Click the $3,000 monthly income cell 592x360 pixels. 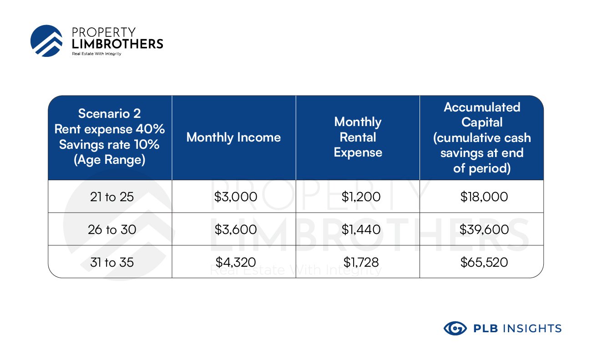click(235, 197)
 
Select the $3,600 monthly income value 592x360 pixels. click(235, 229)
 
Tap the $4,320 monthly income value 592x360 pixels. click(235, 262)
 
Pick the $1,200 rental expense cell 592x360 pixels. click(361, 197)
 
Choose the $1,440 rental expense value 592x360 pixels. click(361, 229)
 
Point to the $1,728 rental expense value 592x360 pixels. click(361, 262)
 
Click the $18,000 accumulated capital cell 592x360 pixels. click(484, 197)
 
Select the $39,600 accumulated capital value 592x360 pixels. click(484, 229)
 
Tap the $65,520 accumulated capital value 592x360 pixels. click(484, 262)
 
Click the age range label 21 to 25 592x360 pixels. click(112, 197)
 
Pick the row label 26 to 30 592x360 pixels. click(112, 229)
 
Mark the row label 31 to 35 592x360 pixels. click(112, 262)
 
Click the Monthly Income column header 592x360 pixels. click(233, 137)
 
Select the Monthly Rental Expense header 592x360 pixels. click(358, 137)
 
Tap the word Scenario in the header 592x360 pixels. click(104, 114)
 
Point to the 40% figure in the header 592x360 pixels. click(150, 129)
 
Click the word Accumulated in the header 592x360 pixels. click(482, 107)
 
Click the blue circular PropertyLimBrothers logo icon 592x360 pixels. click(46, 41)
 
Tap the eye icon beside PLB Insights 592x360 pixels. click(455, 328)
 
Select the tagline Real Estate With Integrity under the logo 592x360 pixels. click(96, 54)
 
